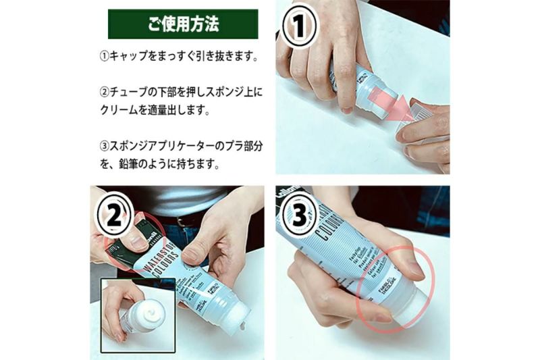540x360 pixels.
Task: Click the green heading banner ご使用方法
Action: pyautogui.click(x=183, y=24)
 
